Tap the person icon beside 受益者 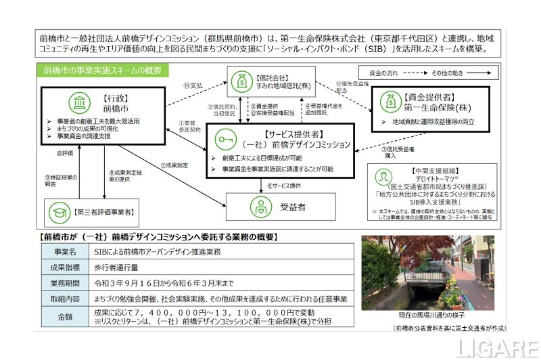(x=258, y=205)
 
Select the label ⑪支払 (x=195, y=86)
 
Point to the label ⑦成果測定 (x=174, y=165)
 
